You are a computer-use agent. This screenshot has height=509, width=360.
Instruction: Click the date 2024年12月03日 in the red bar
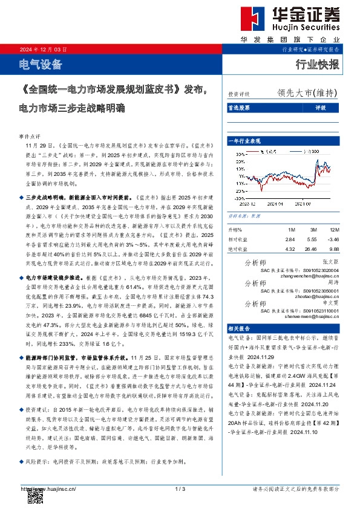[x=43, y=50]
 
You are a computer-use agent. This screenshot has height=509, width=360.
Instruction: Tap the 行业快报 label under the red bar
[x=318, y=65]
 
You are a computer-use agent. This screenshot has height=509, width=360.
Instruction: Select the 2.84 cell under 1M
[x=290, y=239]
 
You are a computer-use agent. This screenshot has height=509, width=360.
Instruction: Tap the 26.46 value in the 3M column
[x=310, y=248]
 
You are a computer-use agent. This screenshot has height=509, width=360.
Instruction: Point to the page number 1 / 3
[x=179, y=488]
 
